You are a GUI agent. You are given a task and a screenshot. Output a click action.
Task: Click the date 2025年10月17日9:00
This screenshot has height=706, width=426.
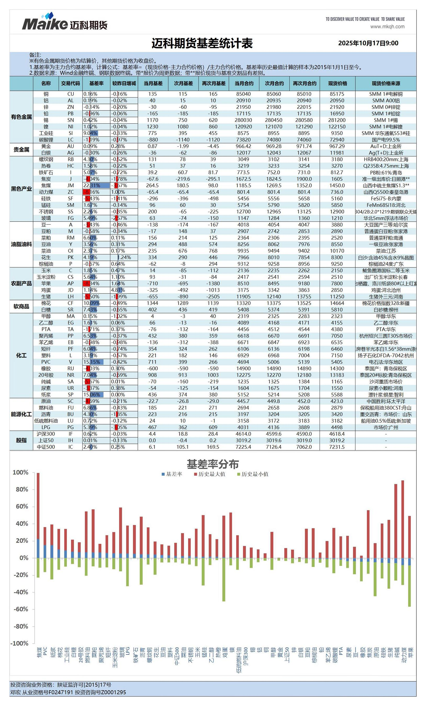[x=368, y=43]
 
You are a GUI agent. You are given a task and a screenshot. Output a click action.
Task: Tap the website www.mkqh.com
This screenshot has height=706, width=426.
[x=387, y=27]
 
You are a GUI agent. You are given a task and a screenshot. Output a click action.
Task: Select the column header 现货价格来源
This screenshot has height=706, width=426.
[x=386, y=83]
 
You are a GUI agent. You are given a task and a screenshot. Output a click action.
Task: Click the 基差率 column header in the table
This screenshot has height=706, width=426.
[x=96, y=83]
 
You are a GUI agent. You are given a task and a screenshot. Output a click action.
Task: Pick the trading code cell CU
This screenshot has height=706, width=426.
[x=70, y=94]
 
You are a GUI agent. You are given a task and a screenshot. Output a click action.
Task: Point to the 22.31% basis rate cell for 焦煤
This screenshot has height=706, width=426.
[x=96, y=185]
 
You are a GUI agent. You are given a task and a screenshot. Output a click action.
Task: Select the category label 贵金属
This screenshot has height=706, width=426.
[x=21, y=150]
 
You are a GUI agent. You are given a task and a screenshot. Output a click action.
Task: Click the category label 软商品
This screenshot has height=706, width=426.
[x=21, y=306]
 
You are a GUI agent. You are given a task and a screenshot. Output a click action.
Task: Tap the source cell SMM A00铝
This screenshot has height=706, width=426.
[x=386, y=101]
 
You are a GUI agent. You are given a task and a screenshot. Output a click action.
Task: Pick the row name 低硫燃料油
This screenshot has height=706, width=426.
[x=46, y=421]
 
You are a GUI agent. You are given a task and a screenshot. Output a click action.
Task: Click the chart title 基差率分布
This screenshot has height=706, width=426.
[x=213, y=464]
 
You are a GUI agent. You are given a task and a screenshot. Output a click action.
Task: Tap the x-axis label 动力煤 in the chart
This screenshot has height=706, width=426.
[x=404, y=655]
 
